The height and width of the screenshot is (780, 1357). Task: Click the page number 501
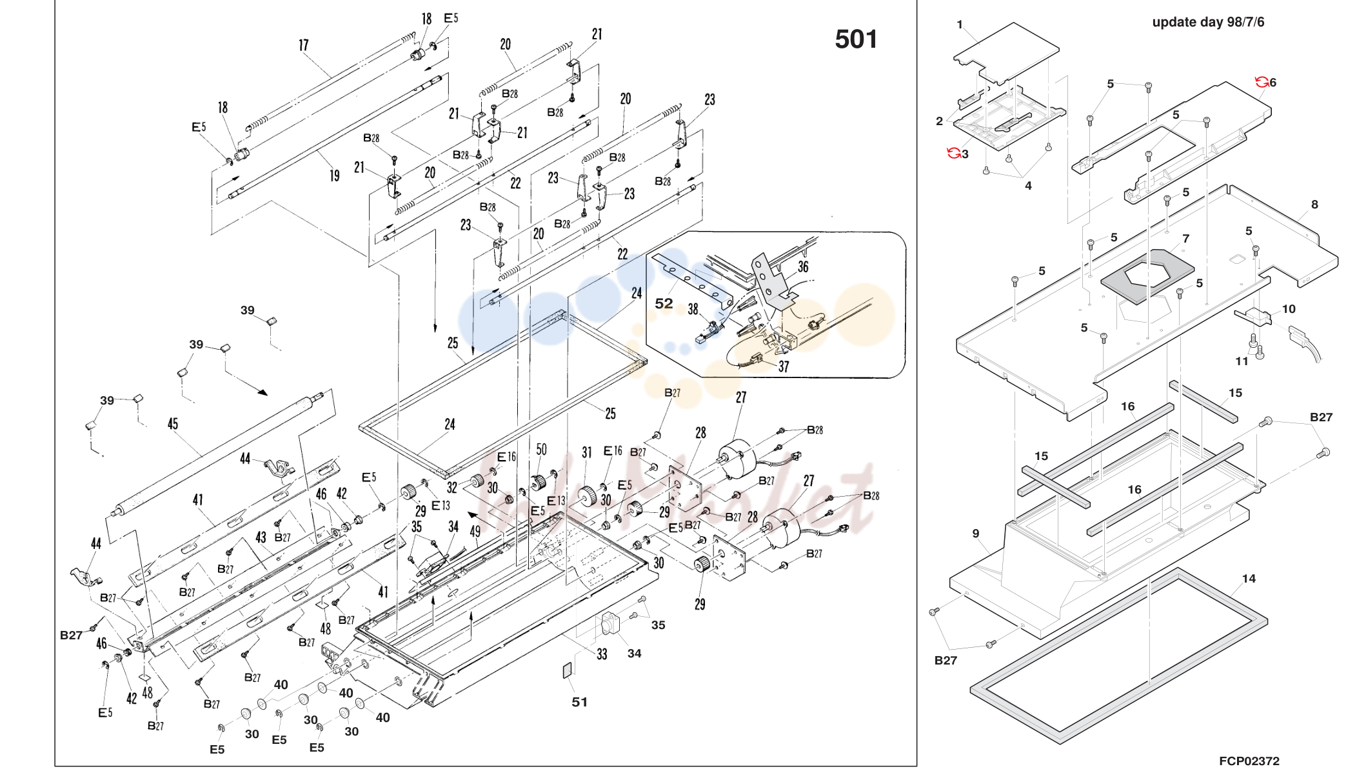(x=856, y=39)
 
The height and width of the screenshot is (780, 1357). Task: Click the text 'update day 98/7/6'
(x=1208, y=22)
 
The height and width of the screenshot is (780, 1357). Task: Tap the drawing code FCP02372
(x=1249, y=761)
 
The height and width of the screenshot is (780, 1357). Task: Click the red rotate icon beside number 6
(x=1262, y=81)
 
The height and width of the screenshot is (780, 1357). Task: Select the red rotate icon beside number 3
(x=953, y=153)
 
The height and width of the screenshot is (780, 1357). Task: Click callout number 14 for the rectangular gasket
(x=1249, y=579)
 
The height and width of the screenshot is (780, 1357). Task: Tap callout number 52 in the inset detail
(x=664, y=303)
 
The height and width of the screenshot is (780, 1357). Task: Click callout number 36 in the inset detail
(x=803, y=266)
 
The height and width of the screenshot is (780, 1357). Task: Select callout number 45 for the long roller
(x=173, y=424)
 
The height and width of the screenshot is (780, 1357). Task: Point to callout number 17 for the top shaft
(x=304, y=45)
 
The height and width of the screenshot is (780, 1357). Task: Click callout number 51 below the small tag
(x=579, y=702)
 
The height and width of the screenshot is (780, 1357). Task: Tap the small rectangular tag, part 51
(x=568, y=670)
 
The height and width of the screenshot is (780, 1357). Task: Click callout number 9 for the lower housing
(x=976, y=534)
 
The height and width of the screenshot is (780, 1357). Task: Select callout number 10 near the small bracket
(x=1289, y=309)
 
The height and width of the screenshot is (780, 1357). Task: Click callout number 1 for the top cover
(x=960, y=25)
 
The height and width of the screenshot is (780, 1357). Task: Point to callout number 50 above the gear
(x=541, y=449)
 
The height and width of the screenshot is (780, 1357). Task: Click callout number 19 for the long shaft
(x=334, y=175)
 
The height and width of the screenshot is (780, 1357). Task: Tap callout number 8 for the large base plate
(x=1314, y=205)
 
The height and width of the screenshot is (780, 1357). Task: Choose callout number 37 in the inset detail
(x=784, y=367)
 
